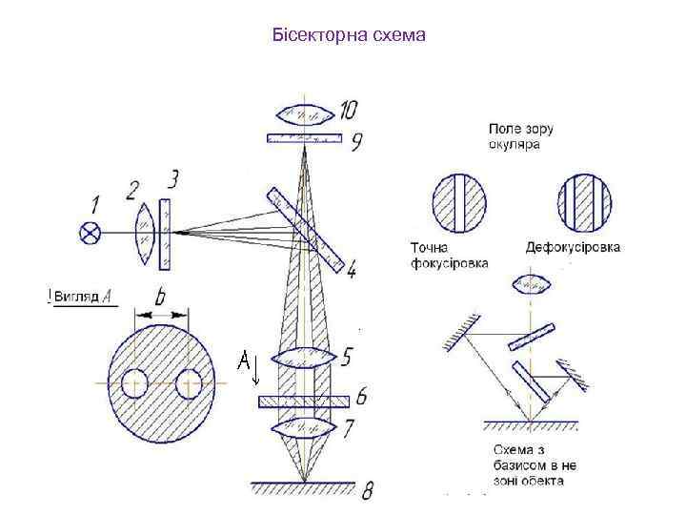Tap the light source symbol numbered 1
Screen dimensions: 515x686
[x=91, y=231]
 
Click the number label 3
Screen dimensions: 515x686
[x=171, y=179]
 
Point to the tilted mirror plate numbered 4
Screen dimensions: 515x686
[x=306, y=227]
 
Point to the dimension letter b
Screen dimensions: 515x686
[x=159, y=298]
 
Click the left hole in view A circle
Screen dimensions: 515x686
[x=133, y=383]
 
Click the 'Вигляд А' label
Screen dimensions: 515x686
[x=84, y=297]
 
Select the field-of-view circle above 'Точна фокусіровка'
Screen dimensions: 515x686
[x=461, y=202]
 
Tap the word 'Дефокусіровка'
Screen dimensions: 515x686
[x=573, y=247]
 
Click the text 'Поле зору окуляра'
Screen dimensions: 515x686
[x=520, y=136]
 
